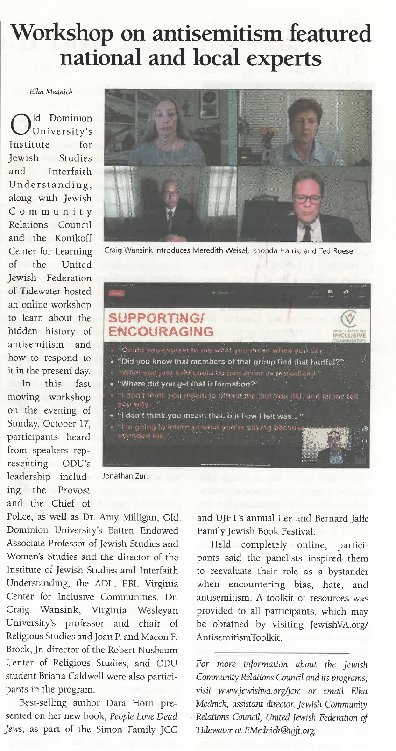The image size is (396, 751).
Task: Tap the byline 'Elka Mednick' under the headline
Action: pos(51,92)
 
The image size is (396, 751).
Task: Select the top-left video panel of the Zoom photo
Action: pos(171,127)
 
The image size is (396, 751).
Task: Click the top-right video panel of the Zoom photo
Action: pos(304,127)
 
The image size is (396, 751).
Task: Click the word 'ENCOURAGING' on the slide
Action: pos(161,332)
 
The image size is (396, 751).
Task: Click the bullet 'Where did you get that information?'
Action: pos(187,384)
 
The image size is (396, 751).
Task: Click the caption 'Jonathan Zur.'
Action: pos(125,476)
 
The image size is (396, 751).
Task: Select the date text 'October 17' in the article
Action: pos(67,424)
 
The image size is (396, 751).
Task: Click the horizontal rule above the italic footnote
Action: pos(283,653)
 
